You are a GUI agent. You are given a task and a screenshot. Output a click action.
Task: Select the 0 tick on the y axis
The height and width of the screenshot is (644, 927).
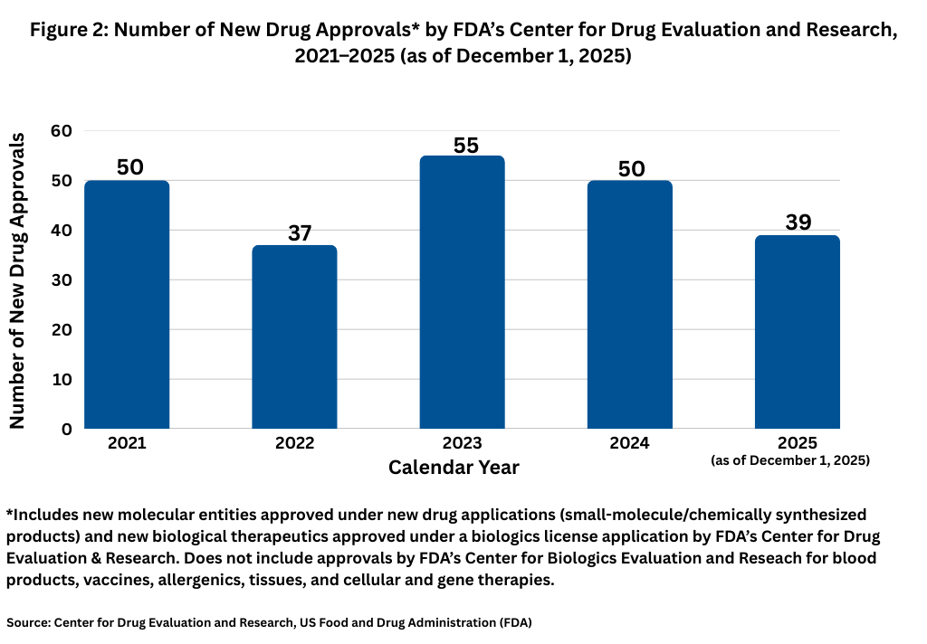tap(66, 429)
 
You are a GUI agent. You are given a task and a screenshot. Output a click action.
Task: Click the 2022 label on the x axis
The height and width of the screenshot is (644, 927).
tap(294, 443)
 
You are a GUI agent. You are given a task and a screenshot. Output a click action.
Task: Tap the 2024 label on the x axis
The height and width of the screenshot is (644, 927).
tap(629, 443)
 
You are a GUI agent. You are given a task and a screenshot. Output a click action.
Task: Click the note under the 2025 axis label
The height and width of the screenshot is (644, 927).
tap(790, 460)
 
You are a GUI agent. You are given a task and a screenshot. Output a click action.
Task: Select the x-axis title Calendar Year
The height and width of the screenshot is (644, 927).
tap(454, 468)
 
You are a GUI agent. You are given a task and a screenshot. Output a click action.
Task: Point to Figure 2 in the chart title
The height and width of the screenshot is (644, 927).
tap(69, 30)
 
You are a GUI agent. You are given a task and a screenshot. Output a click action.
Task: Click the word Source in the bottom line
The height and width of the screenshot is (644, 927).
tap(27, 622)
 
